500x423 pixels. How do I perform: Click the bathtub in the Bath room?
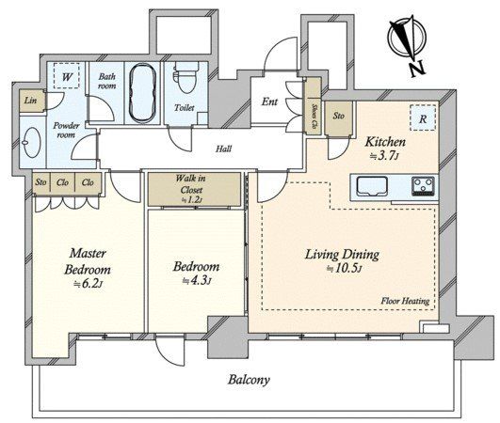tap(142, 93)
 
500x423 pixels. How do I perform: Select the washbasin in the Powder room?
tap(32, 143)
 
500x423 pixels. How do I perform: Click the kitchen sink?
tap(372, 186)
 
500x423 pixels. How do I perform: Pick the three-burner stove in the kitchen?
tap(423, 186)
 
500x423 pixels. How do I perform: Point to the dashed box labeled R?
tap(423, 117)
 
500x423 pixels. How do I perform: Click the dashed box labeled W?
tap(66, 76)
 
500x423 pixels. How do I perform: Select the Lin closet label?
tap(31, 101)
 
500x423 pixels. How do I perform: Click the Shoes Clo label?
tap(315, 116)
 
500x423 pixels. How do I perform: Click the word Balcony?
tap(249, 380)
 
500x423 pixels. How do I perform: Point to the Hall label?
tap(223, 149)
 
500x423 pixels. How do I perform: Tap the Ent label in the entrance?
tap(269, 102)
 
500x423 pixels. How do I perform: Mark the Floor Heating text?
tap(405, 301)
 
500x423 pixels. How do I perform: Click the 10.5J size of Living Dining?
tap(345, 269)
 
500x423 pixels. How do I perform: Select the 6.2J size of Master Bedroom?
tap(88, 284)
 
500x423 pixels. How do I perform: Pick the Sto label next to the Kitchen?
tap(339, 116)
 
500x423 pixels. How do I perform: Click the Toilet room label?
tap(185, 108)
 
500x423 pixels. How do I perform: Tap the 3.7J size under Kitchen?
tap(384, 156)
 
